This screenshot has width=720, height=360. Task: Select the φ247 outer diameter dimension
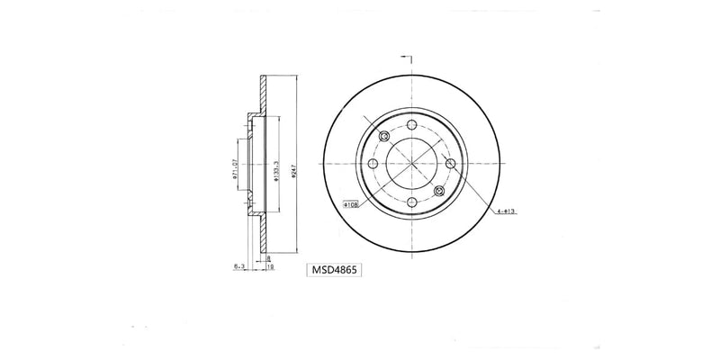coord(293,166)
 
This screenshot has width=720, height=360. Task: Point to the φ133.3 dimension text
coord(276,166)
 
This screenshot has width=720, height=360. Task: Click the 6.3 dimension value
coord(238,265)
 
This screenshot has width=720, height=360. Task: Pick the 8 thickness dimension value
coord(268,257)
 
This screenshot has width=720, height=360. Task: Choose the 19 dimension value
coord(268,265)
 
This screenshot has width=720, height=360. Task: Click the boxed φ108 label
coord(351,205)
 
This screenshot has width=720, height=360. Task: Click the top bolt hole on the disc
coord(411,125)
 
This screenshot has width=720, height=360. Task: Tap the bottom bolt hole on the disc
coord(411,202)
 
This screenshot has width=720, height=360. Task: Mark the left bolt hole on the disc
coord(373,164)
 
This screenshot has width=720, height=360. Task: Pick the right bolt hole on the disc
coord(450,164)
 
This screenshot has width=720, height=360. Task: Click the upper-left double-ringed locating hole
coord(384,137)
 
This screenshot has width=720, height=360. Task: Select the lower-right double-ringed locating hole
coord(439,192)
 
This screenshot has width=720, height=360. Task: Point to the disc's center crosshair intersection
coord(411,164)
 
